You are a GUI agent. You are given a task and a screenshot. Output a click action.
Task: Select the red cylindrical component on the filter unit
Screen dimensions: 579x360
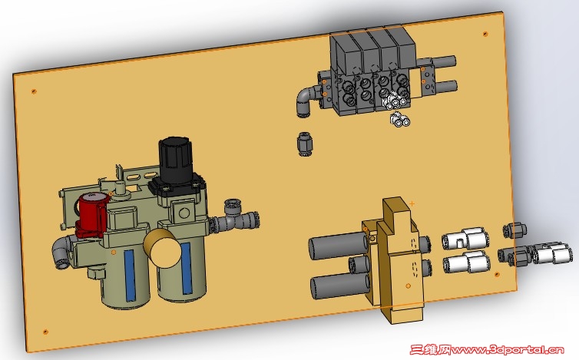coord(92,215)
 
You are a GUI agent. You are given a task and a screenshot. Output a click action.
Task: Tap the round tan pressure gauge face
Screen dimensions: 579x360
coord(163,248)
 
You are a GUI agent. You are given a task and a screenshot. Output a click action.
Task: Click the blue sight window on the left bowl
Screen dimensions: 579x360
coord(130,275)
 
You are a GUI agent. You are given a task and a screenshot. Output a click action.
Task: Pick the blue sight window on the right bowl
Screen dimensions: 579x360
coord(186,268)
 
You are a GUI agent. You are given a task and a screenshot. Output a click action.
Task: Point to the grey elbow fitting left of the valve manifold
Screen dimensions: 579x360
coord(307,101)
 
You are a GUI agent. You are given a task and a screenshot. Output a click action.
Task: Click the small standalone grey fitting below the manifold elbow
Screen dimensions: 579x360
coord(305,144)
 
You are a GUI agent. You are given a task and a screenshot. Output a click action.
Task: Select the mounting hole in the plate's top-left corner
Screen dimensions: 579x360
coord(34,91)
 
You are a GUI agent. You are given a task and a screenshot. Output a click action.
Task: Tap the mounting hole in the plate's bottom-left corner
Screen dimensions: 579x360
coord(45,332)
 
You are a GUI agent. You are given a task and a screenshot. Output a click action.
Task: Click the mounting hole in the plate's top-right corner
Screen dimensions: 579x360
coord(485,34)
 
